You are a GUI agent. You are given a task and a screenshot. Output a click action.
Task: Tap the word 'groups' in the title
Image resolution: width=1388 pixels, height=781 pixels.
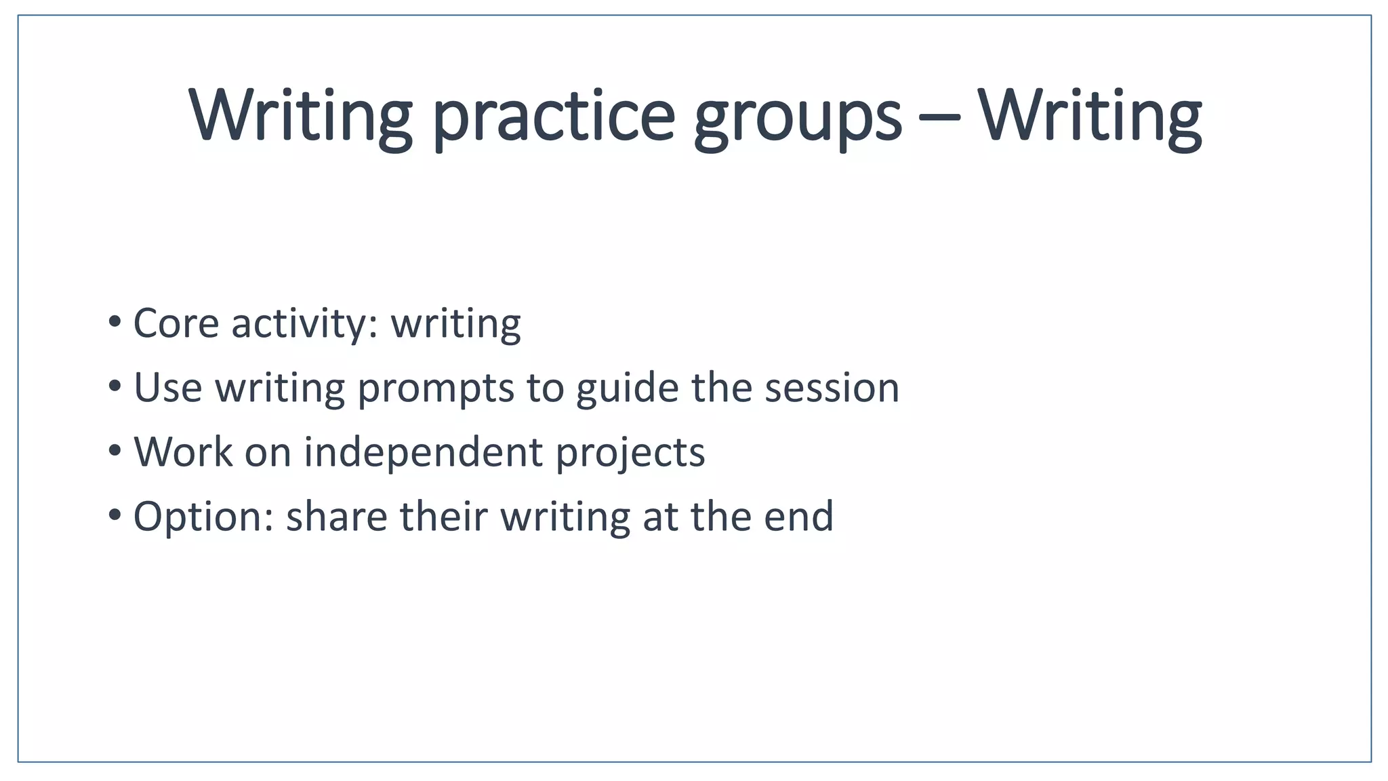[x=798, y=117]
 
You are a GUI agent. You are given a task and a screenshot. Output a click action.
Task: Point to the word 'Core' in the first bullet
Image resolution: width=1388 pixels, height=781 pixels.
[x=176, y=323]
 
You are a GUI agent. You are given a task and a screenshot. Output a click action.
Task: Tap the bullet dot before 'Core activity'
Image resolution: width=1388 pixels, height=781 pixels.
[x=115, y=321]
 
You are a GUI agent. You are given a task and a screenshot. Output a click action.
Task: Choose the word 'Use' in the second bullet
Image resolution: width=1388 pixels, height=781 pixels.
[x=167, y=388]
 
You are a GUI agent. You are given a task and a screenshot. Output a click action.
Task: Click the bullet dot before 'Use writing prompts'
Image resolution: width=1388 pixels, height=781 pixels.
[x=115, y=386]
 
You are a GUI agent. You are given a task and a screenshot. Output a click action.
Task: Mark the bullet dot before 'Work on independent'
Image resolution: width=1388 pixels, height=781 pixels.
[x=115, y=449]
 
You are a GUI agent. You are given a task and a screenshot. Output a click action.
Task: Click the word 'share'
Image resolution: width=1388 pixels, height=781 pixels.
[x=336, y=517]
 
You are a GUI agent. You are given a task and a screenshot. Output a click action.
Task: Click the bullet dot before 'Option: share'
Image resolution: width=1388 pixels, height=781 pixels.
[x=115, y=515]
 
